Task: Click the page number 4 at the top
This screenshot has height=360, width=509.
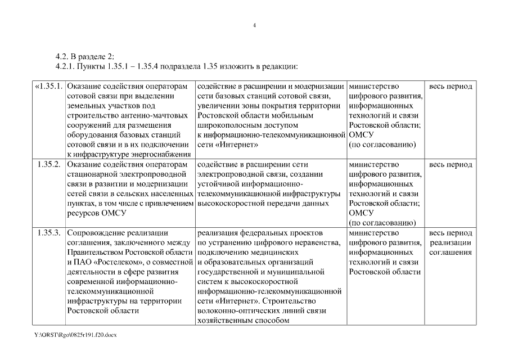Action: [254, 25]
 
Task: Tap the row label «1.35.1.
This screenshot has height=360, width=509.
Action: [48, 87]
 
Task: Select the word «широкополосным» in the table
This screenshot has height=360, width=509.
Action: [224, 125]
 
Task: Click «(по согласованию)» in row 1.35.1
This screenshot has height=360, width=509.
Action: [382, 145]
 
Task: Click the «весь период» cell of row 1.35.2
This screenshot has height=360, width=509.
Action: [451, 165]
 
